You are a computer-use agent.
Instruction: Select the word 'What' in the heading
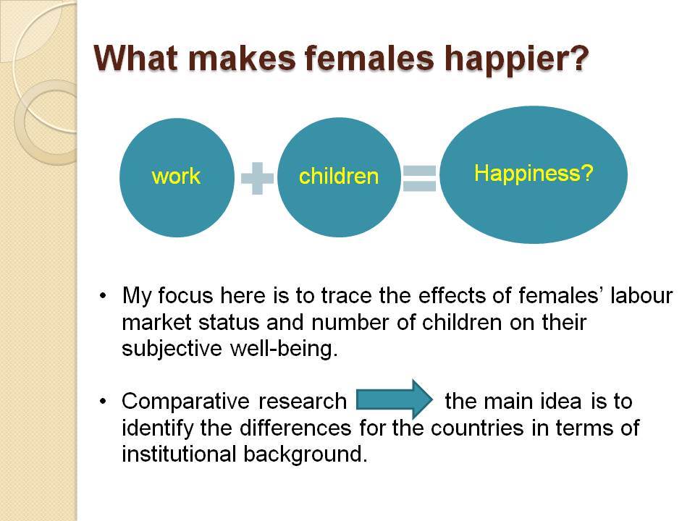135,58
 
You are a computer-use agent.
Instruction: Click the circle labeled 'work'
177,177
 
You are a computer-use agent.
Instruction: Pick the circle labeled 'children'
339,177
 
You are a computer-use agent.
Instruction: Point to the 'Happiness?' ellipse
534,174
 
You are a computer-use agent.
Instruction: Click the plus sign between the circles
257,178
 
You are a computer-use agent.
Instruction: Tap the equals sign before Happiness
419,178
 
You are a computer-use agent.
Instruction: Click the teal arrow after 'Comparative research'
395,399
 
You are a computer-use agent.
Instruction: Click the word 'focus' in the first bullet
185,295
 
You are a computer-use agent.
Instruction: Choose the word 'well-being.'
284,349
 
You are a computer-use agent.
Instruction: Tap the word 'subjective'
172,349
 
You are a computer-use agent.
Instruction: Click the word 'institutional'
178,454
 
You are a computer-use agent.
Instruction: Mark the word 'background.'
306,455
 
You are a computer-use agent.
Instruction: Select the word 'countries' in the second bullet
477,428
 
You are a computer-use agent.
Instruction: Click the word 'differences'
295,428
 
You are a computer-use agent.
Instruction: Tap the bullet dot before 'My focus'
104,295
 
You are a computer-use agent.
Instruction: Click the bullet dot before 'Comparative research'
104,402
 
